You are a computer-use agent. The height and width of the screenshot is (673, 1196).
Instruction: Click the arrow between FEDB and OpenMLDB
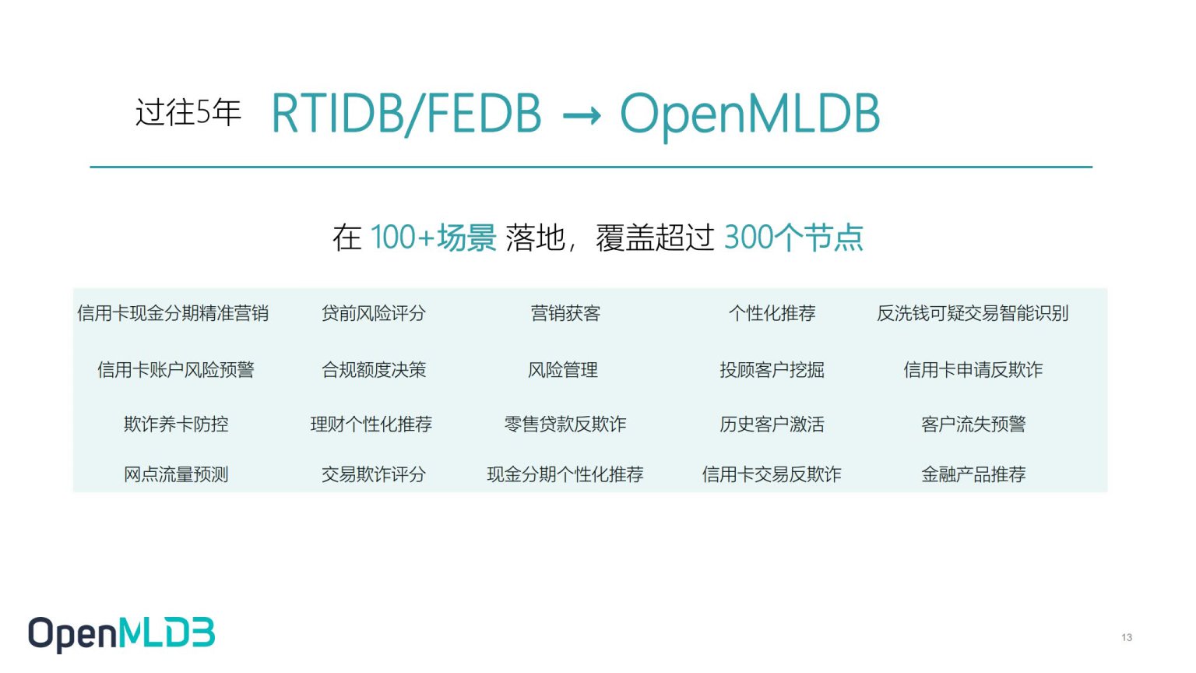582,115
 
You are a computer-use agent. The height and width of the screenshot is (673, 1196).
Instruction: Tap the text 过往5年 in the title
188,112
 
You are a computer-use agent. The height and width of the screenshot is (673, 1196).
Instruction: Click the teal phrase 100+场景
434,238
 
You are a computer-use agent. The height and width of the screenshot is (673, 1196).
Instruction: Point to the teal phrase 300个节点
793,238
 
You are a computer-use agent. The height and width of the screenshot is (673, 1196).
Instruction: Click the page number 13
1127,637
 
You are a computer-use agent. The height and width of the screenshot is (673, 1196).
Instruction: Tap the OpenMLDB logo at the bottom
121,634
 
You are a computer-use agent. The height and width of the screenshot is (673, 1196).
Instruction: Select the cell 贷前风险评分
373,313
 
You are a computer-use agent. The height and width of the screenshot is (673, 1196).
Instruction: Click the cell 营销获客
565,313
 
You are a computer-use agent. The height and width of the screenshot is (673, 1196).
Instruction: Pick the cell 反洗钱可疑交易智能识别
973,313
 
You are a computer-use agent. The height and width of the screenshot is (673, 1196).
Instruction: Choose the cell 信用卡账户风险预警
176,370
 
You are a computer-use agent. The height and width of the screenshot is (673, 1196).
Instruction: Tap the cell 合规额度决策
373,370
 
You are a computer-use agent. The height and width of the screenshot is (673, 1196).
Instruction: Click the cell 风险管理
563,370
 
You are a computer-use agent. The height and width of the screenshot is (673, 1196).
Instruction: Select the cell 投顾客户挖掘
772,370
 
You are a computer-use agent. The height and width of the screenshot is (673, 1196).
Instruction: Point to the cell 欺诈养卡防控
176,424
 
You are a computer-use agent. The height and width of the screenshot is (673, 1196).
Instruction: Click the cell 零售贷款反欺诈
565,424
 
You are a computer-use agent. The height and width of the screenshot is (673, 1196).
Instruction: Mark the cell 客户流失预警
973,424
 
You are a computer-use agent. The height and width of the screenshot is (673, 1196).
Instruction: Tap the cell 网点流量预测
176,474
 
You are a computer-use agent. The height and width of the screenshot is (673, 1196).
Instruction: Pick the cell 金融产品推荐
973,474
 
